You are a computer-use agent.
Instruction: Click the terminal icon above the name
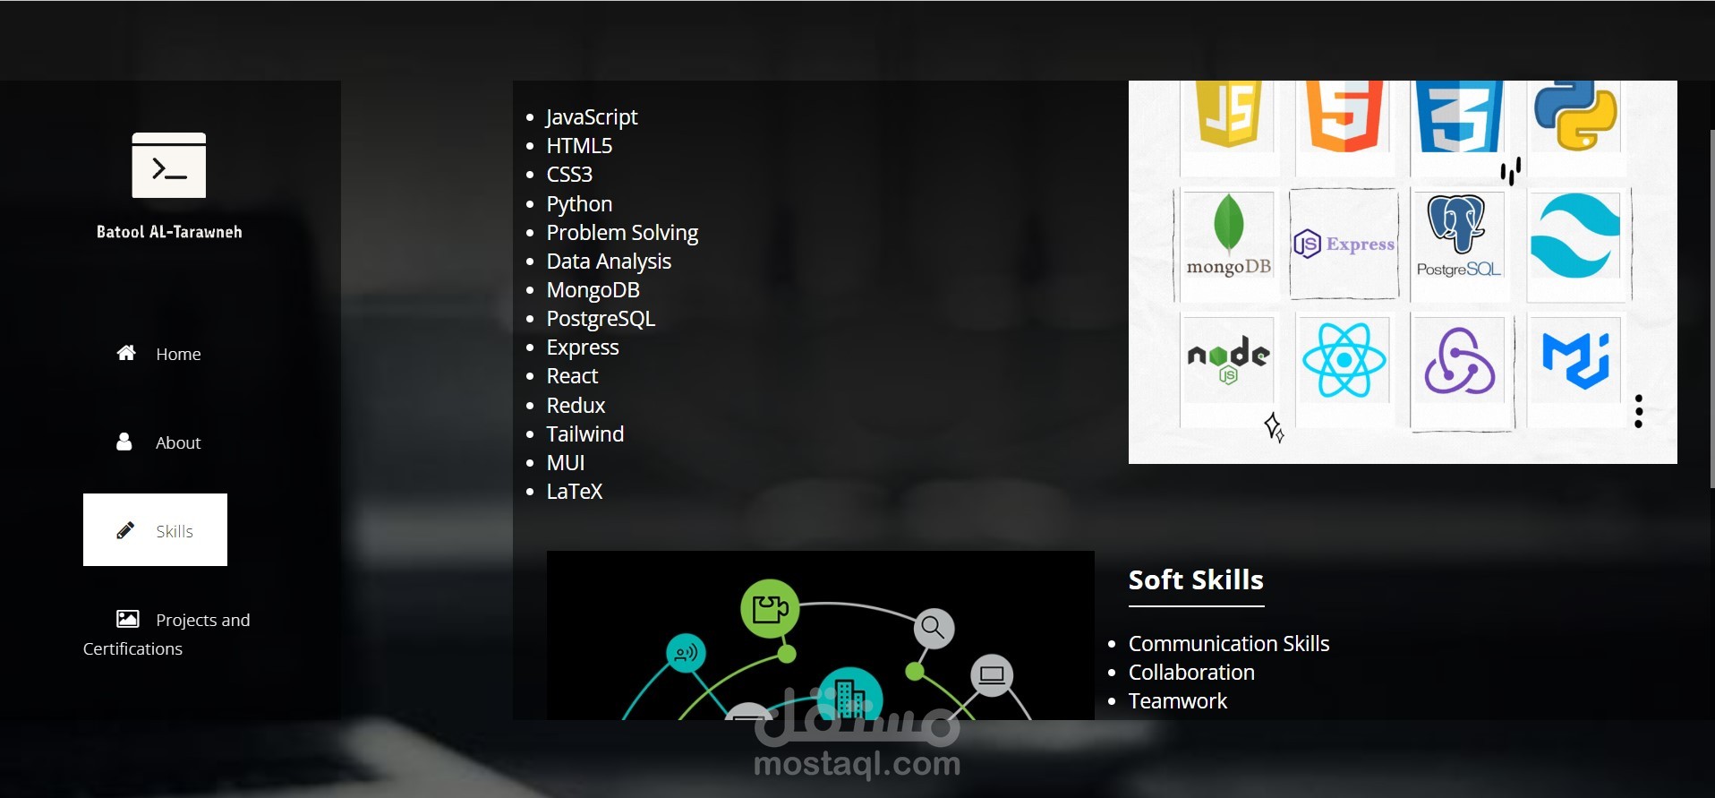pyautogui.click(x=168, y=165)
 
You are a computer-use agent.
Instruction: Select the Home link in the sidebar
pyautogui.click(x=177, y=354)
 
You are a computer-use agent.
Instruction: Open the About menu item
pyautogui.click(x=177, y=442)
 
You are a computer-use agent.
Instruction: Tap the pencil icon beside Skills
pyautogui.click(x=125, y=531)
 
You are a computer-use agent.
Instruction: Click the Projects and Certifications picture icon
pyautogui.click(x=128, y=619)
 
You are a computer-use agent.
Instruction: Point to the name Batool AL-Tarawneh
pyautogui.click(x=169, y=232)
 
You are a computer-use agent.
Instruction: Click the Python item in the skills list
pyautogui.click(x=579, y=204)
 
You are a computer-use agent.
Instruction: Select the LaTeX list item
pyautogui.click(x=574, y=492)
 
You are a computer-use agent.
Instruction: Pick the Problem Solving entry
pyautogui.click(x=622, y=233)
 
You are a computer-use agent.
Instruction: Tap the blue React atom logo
pyautogui.click(x=1344, y=360)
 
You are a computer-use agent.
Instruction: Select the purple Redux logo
pyautogui.click(x=1459, y=362)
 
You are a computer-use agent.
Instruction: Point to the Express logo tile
pyautogui.click(x=1344, y=244)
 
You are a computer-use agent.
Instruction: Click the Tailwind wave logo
pyautogui.click(x=1575, y=236)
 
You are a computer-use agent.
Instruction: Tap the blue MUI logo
pyautogui.click(x=1575, y=360)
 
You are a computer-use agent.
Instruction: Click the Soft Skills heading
pyautogui.click(x=1196, y=580)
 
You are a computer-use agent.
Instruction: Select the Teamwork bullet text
pyautogui.click(x=1177, y=701)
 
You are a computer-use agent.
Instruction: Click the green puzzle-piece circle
pyautogui.click(x=770, y=609)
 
